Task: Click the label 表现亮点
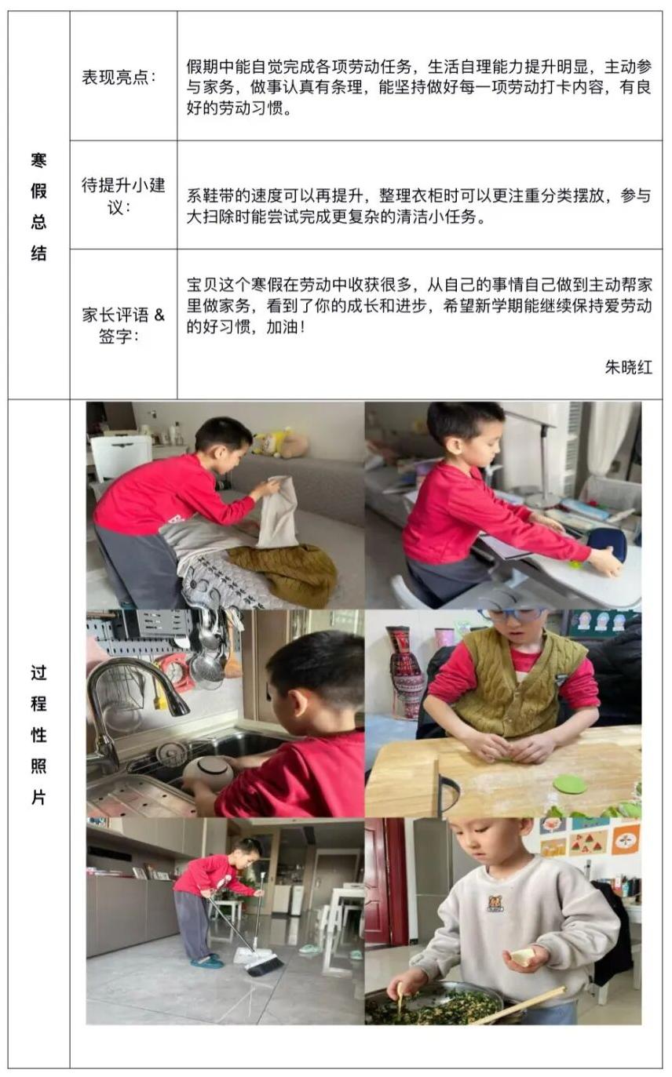click(119, 77)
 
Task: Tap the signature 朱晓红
click(628, 368)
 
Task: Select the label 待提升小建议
click(123, 196)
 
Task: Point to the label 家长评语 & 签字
click(123, 325)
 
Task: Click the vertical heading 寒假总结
click(38, 207)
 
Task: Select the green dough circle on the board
click(570, 784)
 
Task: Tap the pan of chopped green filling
click(433, 1003)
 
